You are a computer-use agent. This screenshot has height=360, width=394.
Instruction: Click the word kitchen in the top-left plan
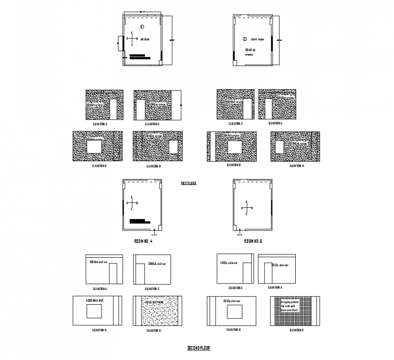tap(145, 39)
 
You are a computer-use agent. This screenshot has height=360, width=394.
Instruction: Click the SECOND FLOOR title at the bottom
tap(199, 348)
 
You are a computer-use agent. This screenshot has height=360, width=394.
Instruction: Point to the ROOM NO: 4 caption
tap(143, 241)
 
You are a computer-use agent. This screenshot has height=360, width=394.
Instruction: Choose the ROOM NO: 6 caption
tap(253, 241)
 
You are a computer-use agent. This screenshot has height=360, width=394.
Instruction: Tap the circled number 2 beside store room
tap(245, 39)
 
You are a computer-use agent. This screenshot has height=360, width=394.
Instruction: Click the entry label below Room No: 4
tap(154, 235)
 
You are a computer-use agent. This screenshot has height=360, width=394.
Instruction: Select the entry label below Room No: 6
tap(240, 235)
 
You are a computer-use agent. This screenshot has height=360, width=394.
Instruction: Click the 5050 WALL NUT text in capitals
tap(95, 301)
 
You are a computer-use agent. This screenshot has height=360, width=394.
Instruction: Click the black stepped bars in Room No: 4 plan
tap(139, 221)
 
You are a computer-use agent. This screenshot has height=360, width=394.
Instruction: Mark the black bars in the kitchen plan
tap(139, 57)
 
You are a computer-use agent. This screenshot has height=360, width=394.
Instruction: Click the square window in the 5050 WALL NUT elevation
tap(95, 312)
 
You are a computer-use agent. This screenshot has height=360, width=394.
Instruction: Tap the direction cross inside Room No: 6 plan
tap(246, 208)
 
